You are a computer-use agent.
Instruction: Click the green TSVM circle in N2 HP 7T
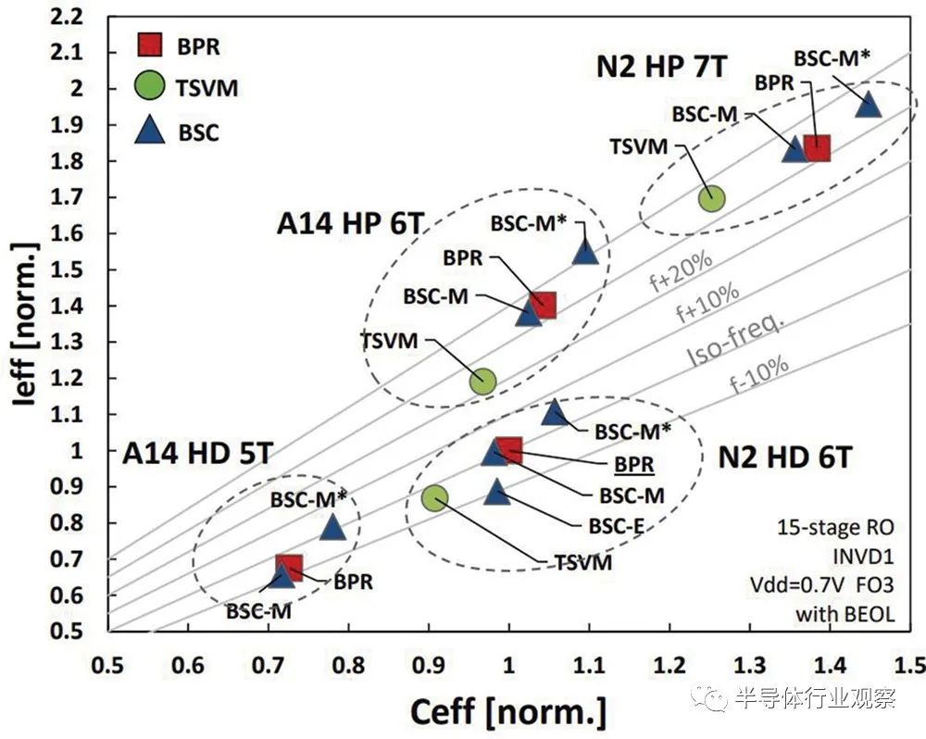[x=711, y=197]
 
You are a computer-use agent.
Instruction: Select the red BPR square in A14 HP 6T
[x=543, y=305]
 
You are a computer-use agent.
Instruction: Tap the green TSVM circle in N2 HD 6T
[x=435, y=498]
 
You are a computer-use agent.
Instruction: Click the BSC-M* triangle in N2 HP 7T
[x=868, y=104]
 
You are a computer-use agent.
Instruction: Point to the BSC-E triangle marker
[x=497, y=493]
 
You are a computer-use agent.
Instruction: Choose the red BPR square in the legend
[x=150, y=44]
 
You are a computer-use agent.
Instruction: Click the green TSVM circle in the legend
[x=150, y=88]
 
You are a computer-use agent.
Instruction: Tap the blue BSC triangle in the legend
[x=150, y=132]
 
